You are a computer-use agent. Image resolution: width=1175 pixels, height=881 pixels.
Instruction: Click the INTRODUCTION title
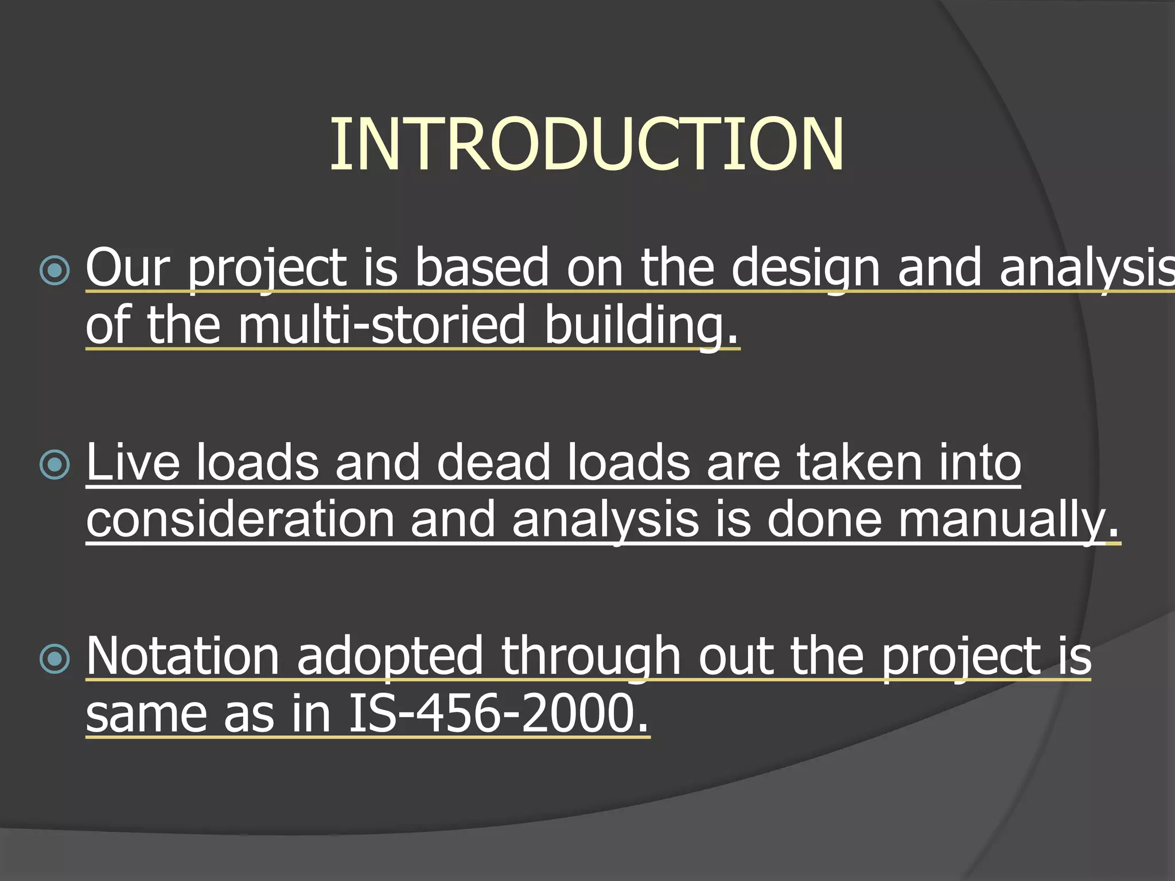click(x=586, y=145)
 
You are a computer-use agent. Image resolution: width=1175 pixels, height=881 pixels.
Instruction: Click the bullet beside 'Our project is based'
click(x=55, y=270)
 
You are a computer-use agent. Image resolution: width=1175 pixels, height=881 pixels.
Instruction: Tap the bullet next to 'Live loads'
click(x=55, y=464)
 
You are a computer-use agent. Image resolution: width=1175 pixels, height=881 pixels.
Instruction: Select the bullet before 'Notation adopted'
click(x=55, y=658)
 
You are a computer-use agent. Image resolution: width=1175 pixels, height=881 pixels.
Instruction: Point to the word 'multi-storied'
click(x=381, y=325)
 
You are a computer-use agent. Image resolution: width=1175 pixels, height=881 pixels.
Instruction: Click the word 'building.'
click(x=641, y=325)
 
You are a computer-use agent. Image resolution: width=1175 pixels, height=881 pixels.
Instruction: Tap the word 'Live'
click(x=133, y=462)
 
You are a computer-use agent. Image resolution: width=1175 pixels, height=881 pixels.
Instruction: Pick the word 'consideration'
click(x=240, y=519)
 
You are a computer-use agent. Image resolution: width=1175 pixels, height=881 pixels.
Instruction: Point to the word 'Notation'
click(x=182, y=656)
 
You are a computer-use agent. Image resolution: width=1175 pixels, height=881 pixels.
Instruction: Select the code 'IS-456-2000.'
click(x=499, y=714)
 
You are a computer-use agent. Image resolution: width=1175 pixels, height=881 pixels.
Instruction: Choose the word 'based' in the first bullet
click(x=481, y=267)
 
